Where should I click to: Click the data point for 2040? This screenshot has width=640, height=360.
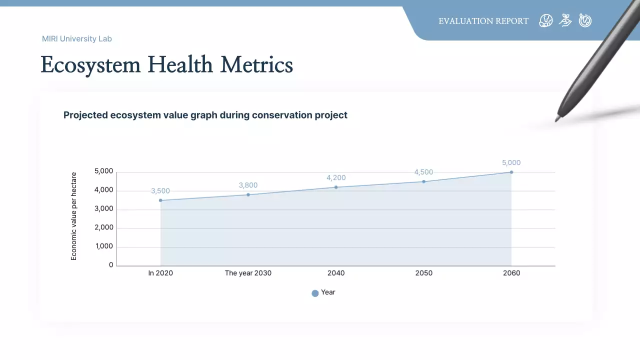[336, 187]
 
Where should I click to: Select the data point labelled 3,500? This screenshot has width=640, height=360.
[160, 200]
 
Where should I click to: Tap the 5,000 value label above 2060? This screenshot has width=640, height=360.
[511, 162]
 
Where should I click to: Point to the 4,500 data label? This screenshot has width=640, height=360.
[423, 172]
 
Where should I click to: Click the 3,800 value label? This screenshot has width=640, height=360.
[248, 185]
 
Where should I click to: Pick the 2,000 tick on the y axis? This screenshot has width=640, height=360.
[104, 228]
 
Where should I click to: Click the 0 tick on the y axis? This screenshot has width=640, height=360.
[111, 265]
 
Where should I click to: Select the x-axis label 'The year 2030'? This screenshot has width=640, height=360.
[248, 273]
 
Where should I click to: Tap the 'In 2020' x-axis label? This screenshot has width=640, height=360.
[160, 273]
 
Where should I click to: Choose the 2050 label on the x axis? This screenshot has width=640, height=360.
[423, 273]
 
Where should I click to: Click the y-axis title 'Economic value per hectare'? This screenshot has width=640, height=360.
[74, 216]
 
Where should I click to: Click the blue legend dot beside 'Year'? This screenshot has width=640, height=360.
[315, 293]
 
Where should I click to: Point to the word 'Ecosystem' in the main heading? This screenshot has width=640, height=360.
[91, 65]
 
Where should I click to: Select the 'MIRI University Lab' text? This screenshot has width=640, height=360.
[77, 38]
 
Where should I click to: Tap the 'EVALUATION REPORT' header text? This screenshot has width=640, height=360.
[483, 21]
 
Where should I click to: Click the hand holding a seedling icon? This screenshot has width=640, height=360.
[565, 20]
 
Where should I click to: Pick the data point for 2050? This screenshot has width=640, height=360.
[423, 181]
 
